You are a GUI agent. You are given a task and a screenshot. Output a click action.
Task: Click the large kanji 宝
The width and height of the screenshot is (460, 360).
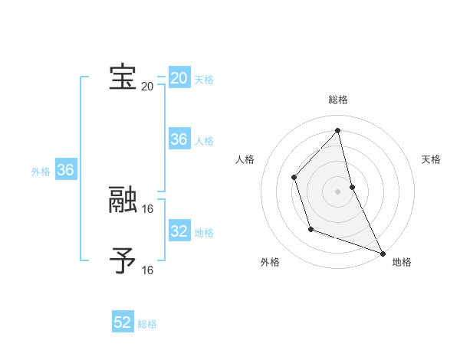123,77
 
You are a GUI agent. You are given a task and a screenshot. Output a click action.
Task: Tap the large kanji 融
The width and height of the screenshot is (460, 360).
123,200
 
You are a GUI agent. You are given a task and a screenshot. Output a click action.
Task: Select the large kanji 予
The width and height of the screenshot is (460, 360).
123,261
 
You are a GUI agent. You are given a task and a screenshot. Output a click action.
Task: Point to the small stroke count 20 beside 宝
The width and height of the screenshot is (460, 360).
147,86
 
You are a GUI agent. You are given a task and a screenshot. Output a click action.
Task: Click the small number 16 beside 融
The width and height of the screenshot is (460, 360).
148,208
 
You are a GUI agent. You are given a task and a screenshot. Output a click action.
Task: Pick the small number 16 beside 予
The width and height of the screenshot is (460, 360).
148,270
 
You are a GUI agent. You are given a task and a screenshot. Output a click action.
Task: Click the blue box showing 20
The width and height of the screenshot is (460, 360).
179,78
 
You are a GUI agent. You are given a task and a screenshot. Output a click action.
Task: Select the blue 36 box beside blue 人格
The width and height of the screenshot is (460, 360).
179,139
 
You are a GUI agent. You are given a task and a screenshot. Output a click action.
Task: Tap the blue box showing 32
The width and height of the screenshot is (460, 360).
179,231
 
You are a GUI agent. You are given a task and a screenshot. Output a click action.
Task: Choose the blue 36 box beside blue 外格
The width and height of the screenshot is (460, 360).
65,170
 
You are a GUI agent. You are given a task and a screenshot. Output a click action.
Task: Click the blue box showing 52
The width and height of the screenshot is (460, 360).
123,322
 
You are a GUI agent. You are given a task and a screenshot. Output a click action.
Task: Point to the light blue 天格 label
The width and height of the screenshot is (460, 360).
204,80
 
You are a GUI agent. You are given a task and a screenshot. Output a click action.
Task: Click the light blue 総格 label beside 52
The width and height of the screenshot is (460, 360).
147,324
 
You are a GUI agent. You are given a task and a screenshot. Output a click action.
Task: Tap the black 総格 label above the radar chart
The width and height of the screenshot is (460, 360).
337,100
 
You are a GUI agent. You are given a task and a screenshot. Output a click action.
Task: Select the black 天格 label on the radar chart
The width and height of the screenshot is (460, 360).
431,159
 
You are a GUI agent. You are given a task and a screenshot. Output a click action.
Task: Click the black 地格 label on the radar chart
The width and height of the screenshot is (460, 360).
402,262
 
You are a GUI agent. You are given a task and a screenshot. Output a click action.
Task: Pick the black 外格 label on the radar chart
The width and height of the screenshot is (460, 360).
270,262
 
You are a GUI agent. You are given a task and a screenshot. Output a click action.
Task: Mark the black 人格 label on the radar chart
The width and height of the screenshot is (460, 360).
245,159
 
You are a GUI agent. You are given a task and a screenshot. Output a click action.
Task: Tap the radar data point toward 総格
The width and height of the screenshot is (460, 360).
337,130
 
